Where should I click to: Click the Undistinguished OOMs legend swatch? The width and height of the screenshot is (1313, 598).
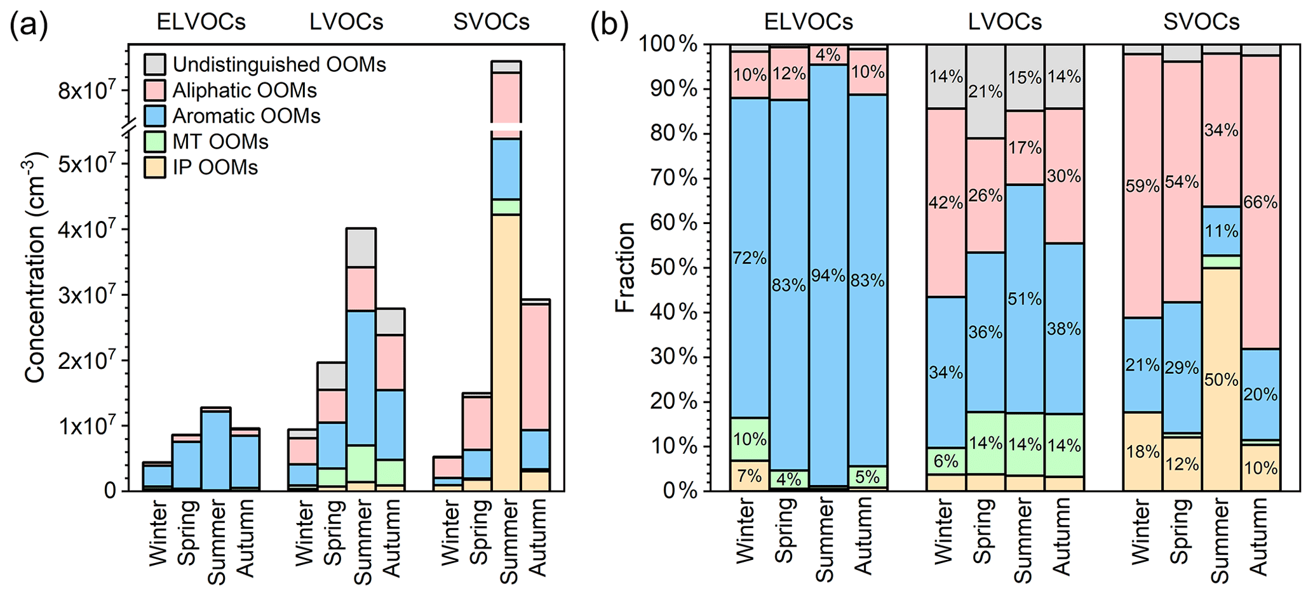155,65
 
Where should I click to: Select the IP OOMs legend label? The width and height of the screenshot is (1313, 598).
215,168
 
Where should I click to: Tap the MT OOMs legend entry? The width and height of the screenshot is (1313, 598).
220,142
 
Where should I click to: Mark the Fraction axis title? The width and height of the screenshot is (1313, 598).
625,267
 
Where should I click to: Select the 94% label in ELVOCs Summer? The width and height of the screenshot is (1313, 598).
828,276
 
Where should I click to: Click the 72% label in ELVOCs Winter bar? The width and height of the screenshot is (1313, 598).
750,258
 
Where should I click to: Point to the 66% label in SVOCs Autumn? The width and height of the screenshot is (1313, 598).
1261,203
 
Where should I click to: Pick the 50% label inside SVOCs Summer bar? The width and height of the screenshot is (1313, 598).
1222,380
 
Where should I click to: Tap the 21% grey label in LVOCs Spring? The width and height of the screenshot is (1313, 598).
985,92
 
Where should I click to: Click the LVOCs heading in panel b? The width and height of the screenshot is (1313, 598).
1005,22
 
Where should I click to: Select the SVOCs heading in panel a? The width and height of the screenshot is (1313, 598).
491,22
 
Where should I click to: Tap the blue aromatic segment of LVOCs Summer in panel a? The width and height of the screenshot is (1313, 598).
361,375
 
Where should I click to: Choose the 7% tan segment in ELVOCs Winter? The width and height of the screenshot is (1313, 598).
750,475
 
